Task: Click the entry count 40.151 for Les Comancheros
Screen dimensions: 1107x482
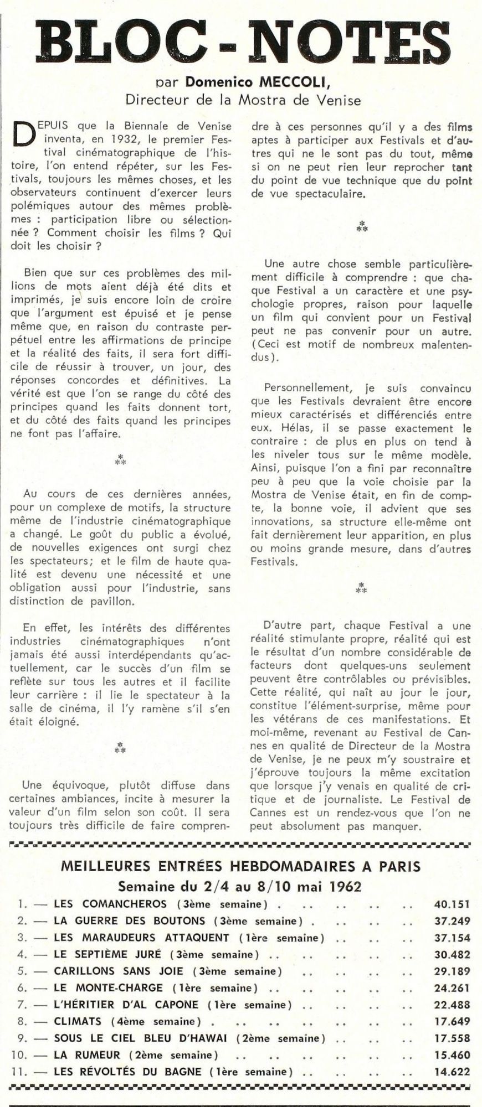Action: point(452,904)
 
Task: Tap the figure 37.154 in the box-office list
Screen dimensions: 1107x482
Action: point(452,937)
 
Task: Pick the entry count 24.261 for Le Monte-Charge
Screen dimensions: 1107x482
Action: point(452,987)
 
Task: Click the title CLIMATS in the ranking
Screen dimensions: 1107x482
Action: point(78,1021)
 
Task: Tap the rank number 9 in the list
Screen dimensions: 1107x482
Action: point(20,1038)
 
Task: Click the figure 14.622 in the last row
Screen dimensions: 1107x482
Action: point(452,1071)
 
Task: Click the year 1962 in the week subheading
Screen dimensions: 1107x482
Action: point(346,886)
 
